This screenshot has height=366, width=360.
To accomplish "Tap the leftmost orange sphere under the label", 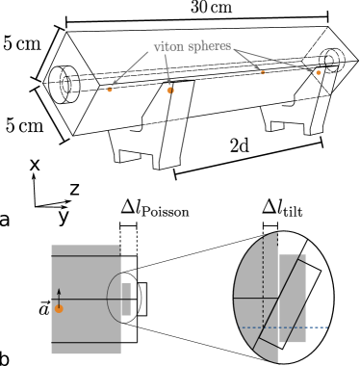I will pyautogui.click(x=110, y=90).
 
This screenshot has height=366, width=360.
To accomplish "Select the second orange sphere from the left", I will pyautogui.click(x=170, y=91).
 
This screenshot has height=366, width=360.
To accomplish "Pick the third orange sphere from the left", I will pyautogui.click(x=263, y=72).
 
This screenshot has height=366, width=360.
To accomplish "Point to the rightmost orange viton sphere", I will pyautogui.click(x=319, y=72).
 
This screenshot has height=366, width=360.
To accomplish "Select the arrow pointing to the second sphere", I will pyautogui.click(x=167, y=69).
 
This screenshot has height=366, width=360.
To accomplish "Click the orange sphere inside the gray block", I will pyautogui.click(x=59, y=309).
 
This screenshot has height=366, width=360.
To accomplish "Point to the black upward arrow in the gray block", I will pyautogui.click(x=59, y=296).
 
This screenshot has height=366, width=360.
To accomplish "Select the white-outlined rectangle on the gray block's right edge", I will pyautogui.click(x=126, y=299).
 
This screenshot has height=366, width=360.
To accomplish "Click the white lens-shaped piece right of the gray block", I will pyautogui.click(x=141, y=299).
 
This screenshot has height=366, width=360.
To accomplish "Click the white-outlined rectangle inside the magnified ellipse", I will pyautogui.click(x=292, y=299).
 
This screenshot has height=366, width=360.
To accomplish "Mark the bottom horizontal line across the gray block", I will pyautogui.click(x=86, y=342).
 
